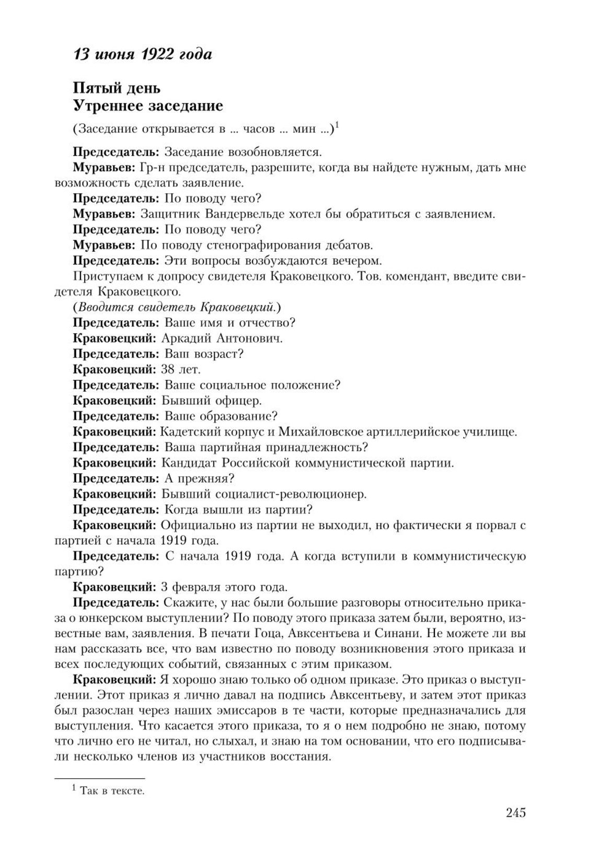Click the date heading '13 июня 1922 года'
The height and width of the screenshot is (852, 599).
[x=142, y=54]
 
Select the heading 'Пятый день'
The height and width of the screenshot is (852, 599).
[x=117, y=88]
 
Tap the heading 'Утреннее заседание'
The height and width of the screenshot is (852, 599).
[x=148, y=106]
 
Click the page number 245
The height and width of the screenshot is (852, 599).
[x=515, y=812]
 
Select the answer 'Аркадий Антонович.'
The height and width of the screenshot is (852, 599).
[x=222, y=339]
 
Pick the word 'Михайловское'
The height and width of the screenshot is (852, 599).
[x=325, y=432]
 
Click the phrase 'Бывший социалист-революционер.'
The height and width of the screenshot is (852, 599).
[x=264, y=494]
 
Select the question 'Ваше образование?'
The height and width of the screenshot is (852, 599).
[x=221, y=416]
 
